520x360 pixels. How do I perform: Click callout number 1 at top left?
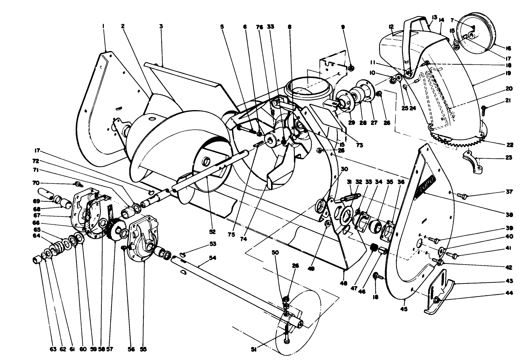[x=104, y=26]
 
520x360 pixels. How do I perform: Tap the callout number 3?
[x=161, y=26]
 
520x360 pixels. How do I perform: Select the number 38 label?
[x=509, y=215]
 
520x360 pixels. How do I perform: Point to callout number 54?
[x=212, y=258]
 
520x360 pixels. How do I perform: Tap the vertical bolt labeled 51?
[x=286, y=333]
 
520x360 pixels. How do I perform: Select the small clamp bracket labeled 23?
[x=473, y=162]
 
